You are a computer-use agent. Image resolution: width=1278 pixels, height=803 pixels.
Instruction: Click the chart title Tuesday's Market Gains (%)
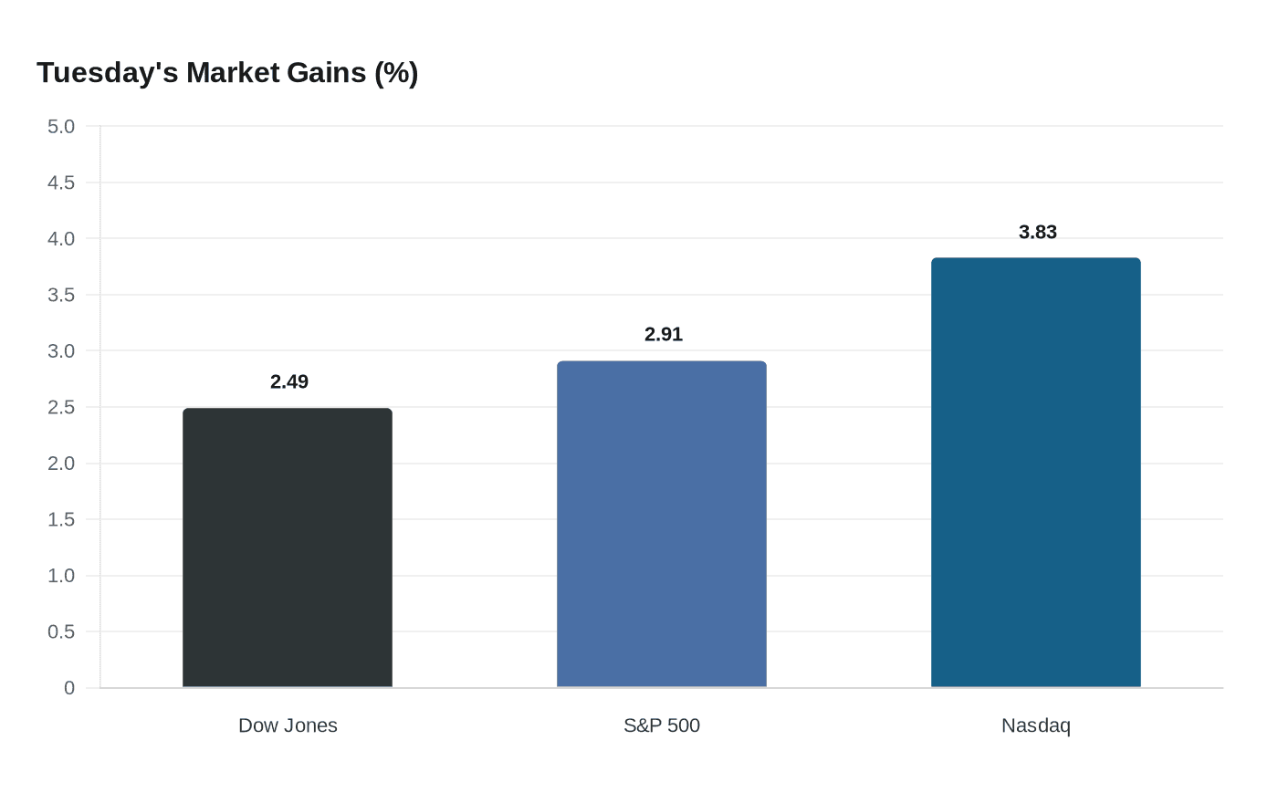pyautogui.click(x=227, y=73)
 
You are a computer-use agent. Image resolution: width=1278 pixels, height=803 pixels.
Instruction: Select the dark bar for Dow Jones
pyautogui.click(x=288, y=547)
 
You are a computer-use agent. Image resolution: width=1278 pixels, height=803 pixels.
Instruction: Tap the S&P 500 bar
pyautogui.click(x=662, y=525)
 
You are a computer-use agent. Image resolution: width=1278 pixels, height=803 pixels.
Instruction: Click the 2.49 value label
pyautogui.click(x=289, y=382)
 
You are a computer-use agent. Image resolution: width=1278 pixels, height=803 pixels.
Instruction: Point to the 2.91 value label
pyautogui.click(x=664, y=335)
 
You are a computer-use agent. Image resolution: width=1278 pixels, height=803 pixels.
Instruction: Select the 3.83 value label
pyautogui.click(x=1038, y=233)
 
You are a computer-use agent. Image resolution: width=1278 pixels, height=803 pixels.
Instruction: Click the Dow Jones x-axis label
pyautogui.click(x=288, y=725)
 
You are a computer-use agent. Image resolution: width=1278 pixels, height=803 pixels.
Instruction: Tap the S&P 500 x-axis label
pyautogui.click(x=662, y=725)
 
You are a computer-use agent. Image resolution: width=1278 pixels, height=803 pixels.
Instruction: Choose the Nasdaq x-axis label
pyautogui.click(x=1036, y=725)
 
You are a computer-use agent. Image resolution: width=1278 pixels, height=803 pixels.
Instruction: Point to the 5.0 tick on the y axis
pyautogui.click(x=61, y=127)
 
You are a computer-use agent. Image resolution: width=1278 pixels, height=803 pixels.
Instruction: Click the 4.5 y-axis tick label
pyautogui.click(x=61, y=183)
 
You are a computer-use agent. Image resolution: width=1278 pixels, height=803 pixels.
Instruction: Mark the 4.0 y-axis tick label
pyautogui.click(x=61, y=239)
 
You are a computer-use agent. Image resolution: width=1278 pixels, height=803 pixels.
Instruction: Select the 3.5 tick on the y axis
pyautogui.click(x=61, y=296)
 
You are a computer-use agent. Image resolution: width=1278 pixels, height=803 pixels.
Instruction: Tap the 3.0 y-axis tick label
pyautogui.click(x=61, y=351)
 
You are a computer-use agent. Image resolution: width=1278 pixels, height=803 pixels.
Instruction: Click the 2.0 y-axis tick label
pyautogui.click(x=61, y=464)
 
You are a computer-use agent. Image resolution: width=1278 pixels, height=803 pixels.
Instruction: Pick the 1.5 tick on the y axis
pyautogui.click(x=61, y=520)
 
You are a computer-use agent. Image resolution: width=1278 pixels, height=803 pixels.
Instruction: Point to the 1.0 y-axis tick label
pyautogui.click(x=61, y=576)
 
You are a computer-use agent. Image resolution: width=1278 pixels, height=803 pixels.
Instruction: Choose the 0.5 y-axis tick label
pyautogui.click(x=61, y=632)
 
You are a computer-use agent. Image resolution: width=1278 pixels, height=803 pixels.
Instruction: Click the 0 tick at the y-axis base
pyautogui.click(x=69, y=688)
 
